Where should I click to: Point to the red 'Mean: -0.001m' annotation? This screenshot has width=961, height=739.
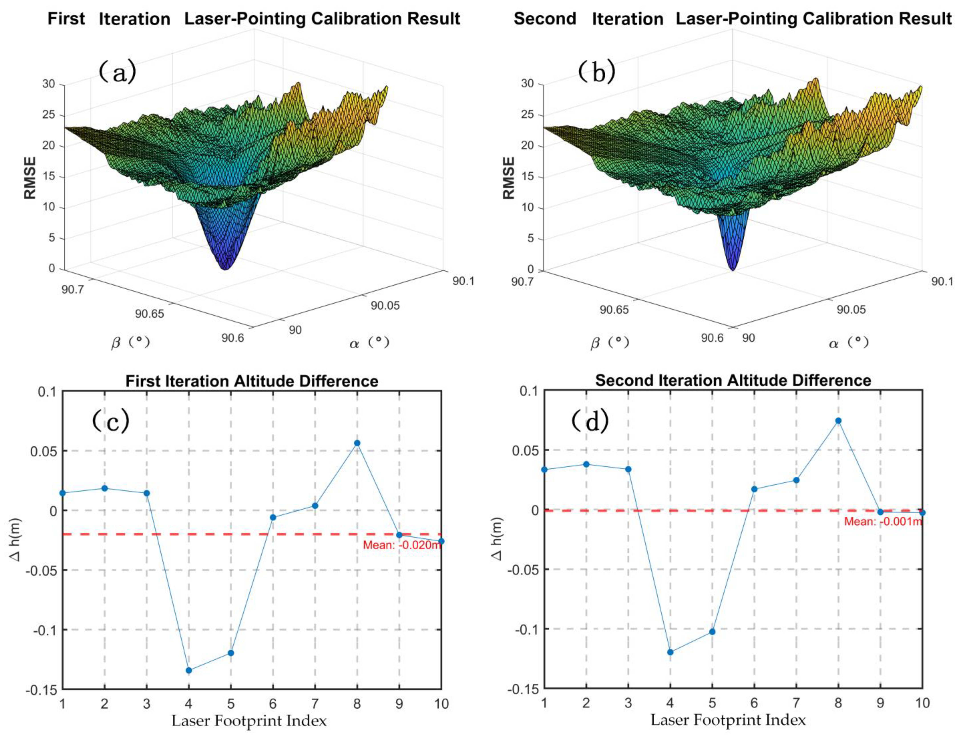click(x=883, y=522)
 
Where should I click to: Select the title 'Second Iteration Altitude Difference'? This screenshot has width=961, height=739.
click(x=733, y=380)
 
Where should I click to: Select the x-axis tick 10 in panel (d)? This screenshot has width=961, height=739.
click(x=922, y=703)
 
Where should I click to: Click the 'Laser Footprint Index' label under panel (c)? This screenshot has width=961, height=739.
click(x=249, y=721)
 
